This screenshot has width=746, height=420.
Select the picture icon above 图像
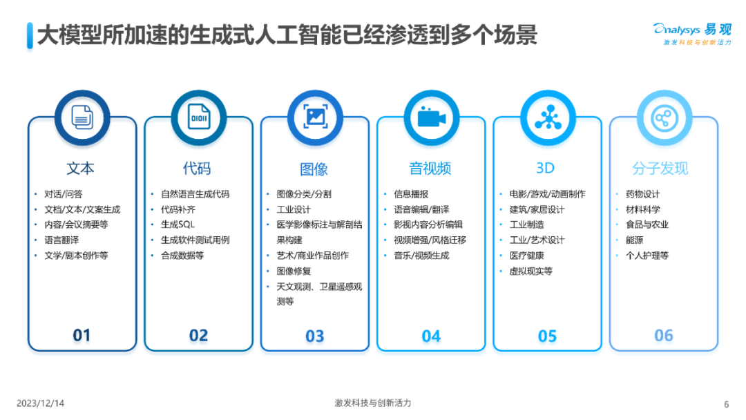point(314,117)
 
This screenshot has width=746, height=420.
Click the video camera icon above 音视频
point(431,117)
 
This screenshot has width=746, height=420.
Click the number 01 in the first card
point(82,336)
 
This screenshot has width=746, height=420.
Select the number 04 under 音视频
point(431,336)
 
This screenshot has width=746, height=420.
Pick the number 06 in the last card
point(663,336)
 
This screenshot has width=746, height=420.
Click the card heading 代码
point(197,169)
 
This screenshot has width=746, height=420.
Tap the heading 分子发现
point(660,169)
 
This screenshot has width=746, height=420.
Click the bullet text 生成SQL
point(178,225)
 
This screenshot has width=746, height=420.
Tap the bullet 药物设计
point(642,194)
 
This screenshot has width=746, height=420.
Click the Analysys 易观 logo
point(692,32)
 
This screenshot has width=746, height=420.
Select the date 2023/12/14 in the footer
point(40,403)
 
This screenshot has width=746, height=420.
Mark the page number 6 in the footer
point(726,404)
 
